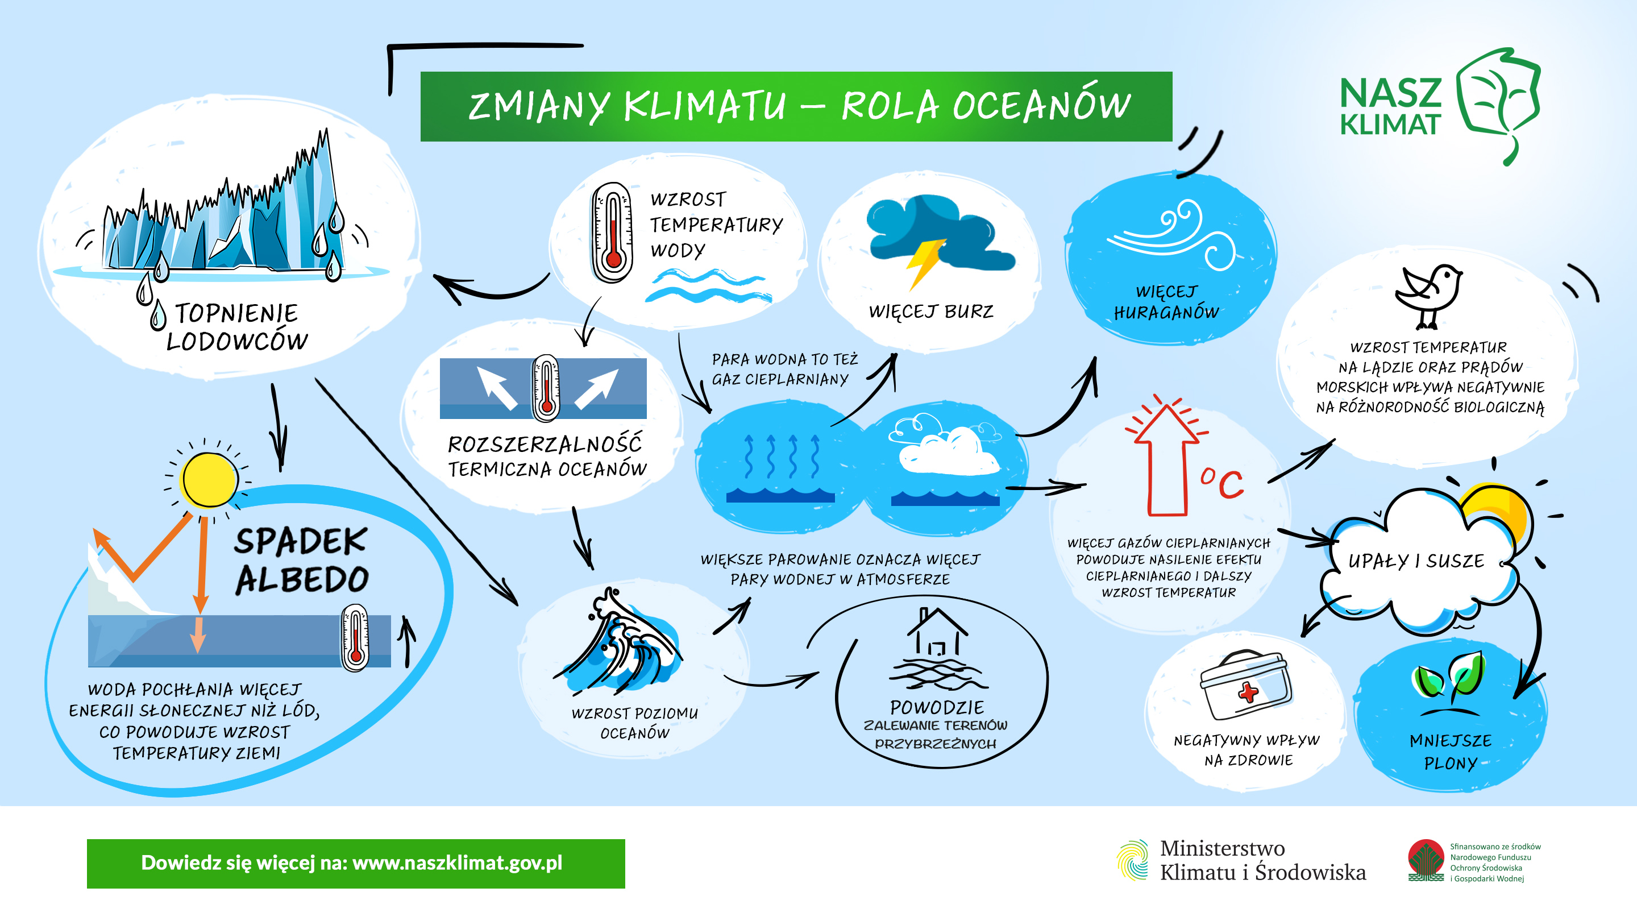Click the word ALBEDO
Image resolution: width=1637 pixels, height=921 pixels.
pos(302,579)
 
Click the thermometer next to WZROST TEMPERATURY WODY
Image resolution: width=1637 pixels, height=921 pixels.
pos(613,232)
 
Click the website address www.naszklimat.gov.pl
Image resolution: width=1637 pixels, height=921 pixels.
pos(458,862)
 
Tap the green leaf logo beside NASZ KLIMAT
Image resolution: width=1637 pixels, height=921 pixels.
pos(1498,102)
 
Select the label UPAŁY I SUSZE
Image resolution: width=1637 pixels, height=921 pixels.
pos(1416,561)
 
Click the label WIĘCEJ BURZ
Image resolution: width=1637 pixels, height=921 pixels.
pos(931,312)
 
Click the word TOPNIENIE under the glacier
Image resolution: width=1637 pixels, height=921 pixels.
pos(236,313)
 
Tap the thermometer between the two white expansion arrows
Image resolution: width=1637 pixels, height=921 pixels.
pos(546,388)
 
